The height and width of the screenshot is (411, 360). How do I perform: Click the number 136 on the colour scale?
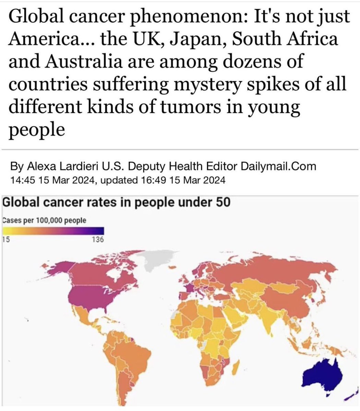98,240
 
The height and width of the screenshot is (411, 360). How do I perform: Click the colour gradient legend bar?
53,232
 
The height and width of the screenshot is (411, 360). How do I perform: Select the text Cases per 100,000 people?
44,220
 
